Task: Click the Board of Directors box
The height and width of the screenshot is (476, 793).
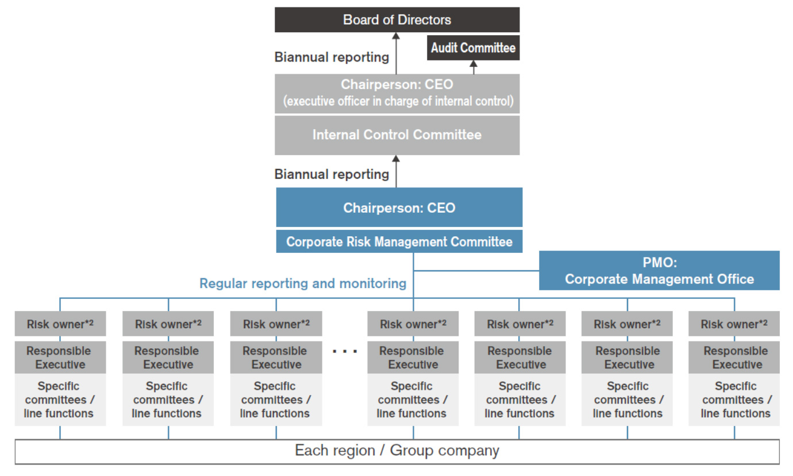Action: pyautogui.click(x=397, y=20)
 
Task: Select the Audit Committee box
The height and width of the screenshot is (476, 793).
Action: pyautogui.click(x=473, y=48)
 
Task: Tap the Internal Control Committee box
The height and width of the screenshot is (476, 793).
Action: pyautogui.click(x=397, y=135)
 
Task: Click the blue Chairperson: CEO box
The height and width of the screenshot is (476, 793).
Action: pyautogui.click(x=399, y=208)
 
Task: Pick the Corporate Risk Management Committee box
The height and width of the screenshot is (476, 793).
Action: pyautogui.click(x=399, y=241)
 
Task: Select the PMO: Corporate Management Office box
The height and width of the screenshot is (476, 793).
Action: pyautogui.click(x=659, y=271)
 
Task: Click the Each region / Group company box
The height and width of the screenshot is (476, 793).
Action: pyautogui.click(x=397, y=451)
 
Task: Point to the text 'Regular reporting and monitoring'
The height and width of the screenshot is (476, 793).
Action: pyautogui.click(x=303, y=283)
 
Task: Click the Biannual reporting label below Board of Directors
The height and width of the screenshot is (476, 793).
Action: pyautogui.click(x=332, y=57)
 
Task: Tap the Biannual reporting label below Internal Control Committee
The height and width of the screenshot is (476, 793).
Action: pyautogui.click(x=332, y=174)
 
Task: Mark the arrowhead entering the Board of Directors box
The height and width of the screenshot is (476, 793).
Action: pyautogui.click(x=396, y=36)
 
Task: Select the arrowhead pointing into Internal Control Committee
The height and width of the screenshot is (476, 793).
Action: pyautogui.click(x=396, y=159)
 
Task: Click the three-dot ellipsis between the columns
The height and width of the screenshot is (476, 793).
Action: pyautogui.click(x=345, y=351)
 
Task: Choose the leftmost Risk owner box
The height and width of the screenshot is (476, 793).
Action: pyautogui.click(x=60, y=324)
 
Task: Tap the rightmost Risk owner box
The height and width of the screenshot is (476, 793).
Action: pyautogui.click(x=734, y=324)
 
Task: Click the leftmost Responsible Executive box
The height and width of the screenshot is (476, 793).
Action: pyautogui.click(x=60, y=358)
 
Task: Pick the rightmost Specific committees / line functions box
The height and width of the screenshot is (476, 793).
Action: pyautogui.click(x=734, y=400)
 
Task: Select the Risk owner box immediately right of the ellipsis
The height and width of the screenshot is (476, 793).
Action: pyautogui.click(x=413, y=324)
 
